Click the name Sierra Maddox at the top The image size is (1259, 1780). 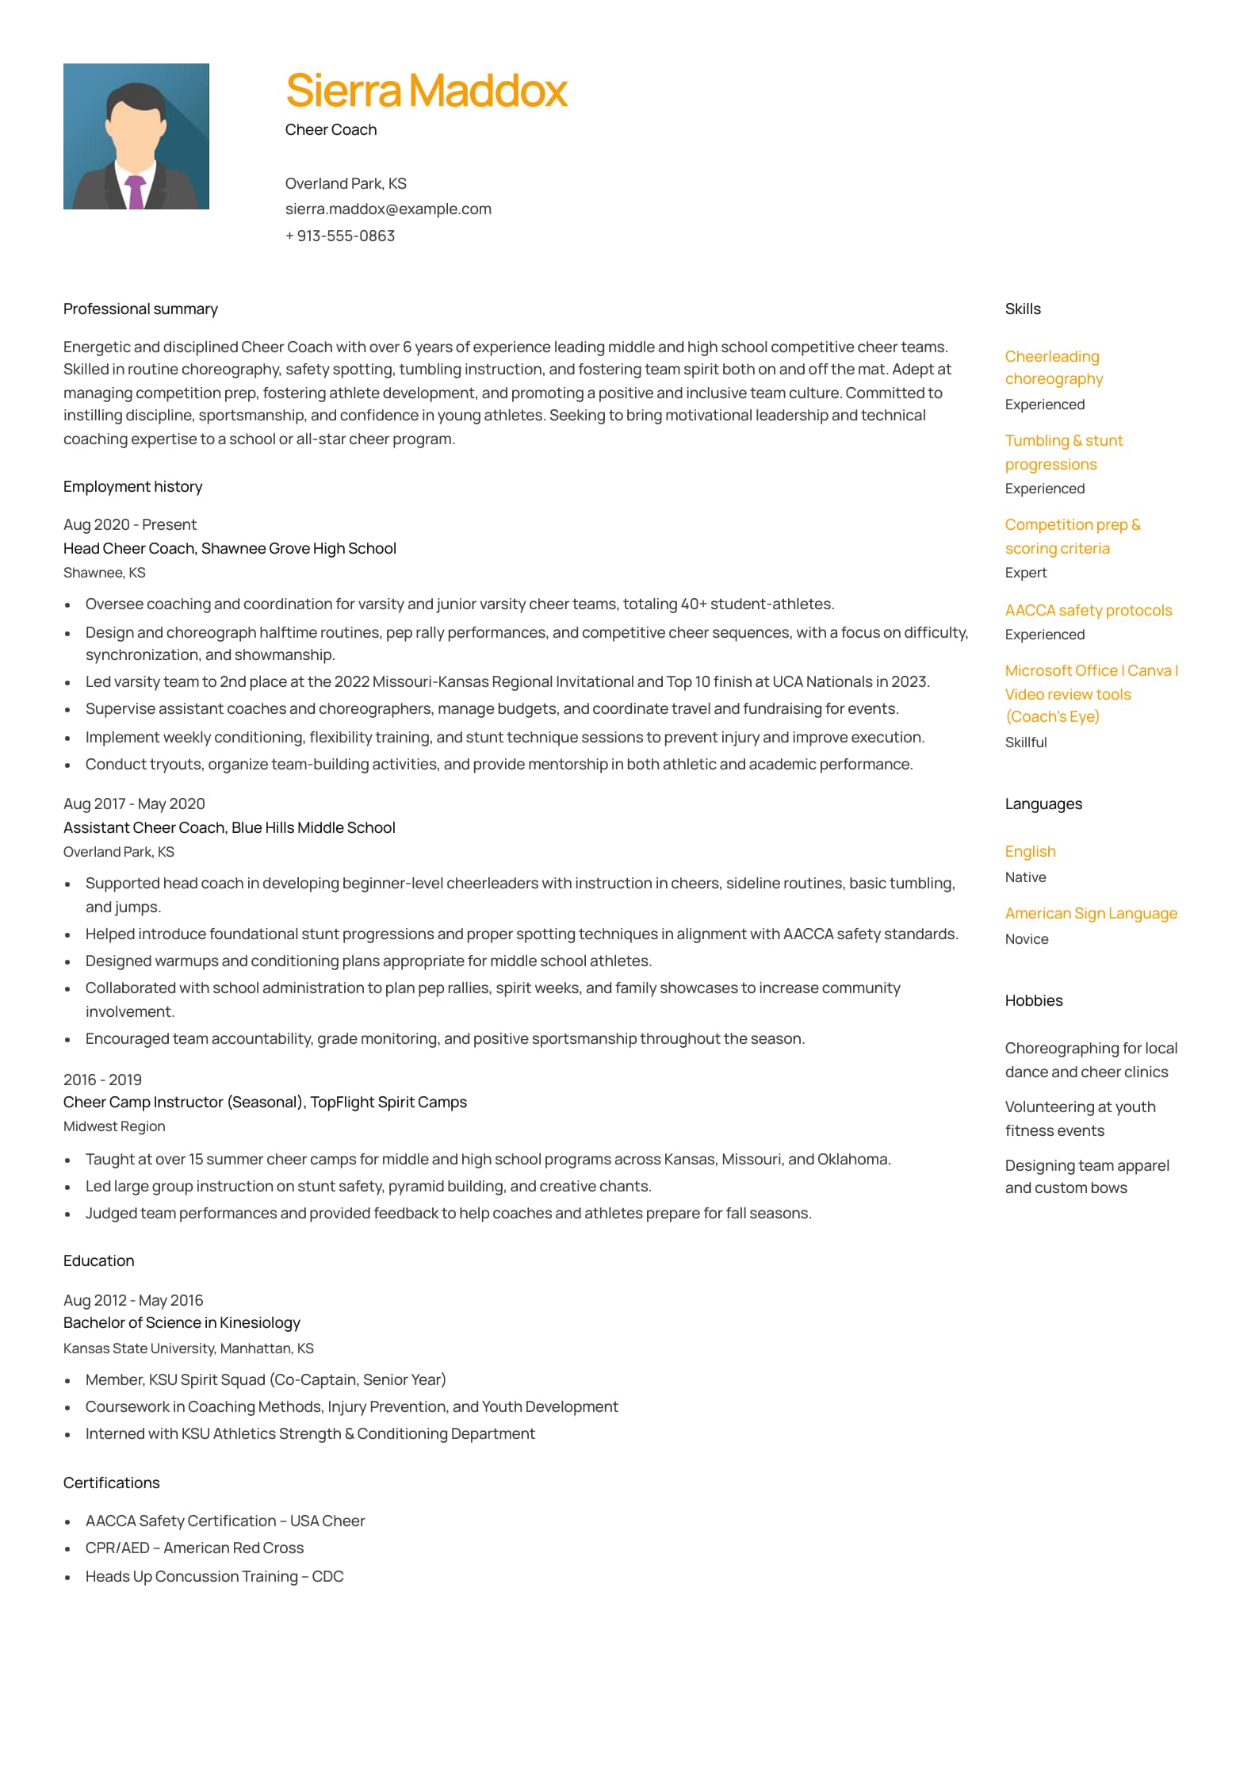[426, 90]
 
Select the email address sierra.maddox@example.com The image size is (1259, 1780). [388, 209]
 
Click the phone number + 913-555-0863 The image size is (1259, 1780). [340, 236]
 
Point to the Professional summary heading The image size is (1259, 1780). [140, 309]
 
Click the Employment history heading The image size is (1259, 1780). [132, 487]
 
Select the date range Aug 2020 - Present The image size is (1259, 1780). [129, 525]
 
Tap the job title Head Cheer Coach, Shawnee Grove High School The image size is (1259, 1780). [229, 549]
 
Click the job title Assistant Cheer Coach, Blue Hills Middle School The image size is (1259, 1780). [229, 828]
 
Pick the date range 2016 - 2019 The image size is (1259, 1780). [102, 1080]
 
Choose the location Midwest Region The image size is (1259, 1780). [114, 1126]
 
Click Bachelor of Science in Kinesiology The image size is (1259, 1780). [182, 1323]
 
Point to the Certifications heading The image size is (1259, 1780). [111, 1483]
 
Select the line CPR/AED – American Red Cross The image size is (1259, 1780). [194, 1548]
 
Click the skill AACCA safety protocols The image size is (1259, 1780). [1088, 611]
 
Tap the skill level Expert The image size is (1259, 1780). [1025, 573]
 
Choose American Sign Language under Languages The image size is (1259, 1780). [1090, 914]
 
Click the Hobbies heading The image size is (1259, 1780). [1033, 1001]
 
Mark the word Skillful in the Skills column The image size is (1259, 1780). [1025, 742]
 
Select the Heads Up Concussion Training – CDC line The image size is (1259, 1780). [214, 1577]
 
